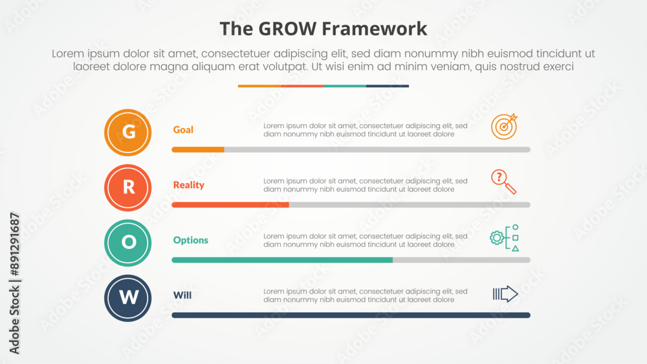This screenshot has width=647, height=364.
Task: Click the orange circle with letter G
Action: (128, 133)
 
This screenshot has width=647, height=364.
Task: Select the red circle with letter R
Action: (128, 187)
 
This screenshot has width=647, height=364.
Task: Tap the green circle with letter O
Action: (128, 243)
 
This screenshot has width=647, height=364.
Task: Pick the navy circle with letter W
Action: (128, 298)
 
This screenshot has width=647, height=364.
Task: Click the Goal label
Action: (183, 130)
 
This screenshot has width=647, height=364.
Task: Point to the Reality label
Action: (188, 185)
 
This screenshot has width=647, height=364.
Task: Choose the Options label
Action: (191, 241)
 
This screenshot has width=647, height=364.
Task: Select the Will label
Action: (182, 295)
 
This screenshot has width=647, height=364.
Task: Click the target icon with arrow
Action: (504, 127)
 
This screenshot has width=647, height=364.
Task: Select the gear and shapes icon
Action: (504, 238)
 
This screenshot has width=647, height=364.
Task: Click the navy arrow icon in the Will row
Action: (505, 294)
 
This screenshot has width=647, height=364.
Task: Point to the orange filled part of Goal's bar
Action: (198, 149)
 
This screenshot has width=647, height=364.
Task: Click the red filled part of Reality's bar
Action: (230, 205)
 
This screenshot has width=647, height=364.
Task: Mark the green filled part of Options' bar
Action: (282, 260)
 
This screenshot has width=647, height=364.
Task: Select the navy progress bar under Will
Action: (351, 316)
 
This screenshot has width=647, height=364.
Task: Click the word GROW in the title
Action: (287, 29)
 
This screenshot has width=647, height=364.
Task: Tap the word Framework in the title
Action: (375, 29)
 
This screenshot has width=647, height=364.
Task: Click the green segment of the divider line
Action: (345, 86)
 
